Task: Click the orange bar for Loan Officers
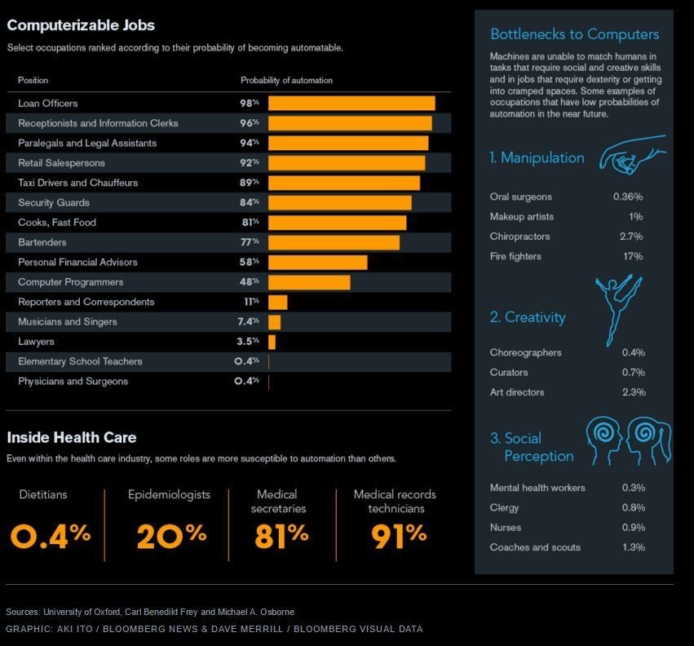pos(351,104)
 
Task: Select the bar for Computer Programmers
pos(309,282)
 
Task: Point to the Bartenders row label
pos(42,242)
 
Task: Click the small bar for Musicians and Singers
pos(274,322)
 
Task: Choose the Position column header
pos(33,80)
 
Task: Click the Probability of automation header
pos(286,80)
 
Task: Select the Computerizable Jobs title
pos(81,25)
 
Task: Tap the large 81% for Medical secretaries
pos(281,535)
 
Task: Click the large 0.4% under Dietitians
pos(51,535)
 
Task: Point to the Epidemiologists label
pos(169,494)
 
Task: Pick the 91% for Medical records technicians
pos(399,535)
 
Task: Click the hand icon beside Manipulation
pos(631,155)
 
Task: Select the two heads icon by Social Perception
pos(629,440)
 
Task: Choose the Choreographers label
pos(525,352)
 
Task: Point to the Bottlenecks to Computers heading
pos(574,34)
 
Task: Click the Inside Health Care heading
pos(71,437)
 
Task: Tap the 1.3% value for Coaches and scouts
pos(633,547)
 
